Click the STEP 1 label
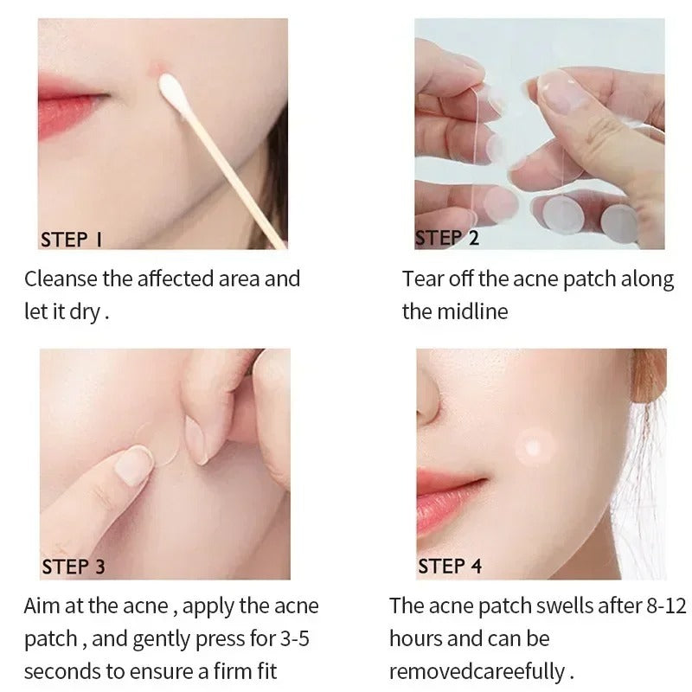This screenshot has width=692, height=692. coord(72,240)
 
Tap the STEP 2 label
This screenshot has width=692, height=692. coord(447,238)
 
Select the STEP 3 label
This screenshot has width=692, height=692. coord(74,567)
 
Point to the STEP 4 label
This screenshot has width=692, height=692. coord(450,566)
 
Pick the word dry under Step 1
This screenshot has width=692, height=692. coord(84,312)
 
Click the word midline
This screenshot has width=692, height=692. coord(468,312)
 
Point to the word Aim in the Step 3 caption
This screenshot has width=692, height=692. coord(42,606)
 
